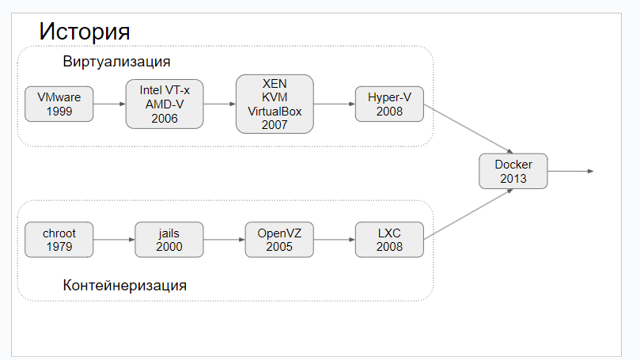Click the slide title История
click(85, 32)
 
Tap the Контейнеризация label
click(125, 285)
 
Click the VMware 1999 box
click(59, 104)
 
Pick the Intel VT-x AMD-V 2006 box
click(165, 104)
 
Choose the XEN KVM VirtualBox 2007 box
click(275, 104)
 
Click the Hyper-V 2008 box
click(389, 104)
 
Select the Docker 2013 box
click(513, 171)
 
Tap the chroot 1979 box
click(59, 240)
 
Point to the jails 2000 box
click(169, 240)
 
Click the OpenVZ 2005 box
click(279, 240)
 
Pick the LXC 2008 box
click(389, 240)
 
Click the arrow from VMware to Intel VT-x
click(109, 104)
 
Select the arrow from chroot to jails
click(115, 239)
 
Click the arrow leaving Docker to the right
click(570, 171)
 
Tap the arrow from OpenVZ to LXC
click(335, 239)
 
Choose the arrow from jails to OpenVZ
click(225, 239)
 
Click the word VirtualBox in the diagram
click(275, 112)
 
